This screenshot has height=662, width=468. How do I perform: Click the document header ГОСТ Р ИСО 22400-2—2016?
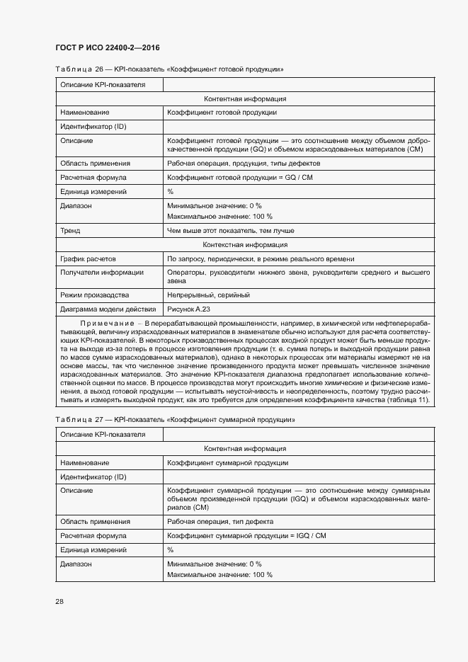(x=107, y=47)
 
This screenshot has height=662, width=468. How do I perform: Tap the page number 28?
(x=59, y=601)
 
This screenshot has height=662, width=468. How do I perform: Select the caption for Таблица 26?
(x=169, y=69)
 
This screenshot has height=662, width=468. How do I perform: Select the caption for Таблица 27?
(x=174, y=420)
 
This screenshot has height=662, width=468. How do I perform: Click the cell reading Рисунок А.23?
(x=188, y=309)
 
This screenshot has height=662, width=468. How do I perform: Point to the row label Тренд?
(x=70, y=230)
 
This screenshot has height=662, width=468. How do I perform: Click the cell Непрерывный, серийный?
(x=208, y=295)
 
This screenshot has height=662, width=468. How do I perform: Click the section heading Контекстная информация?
(x=244, y=244)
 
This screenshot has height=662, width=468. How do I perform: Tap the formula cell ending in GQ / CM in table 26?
(x=239, y=177)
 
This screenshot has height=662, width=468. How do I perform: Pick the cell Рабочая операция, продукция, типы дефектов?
(x=234, y=163)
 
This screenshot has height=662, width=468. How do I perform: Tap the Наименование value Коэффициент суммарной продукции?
(x=227, y=462)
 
